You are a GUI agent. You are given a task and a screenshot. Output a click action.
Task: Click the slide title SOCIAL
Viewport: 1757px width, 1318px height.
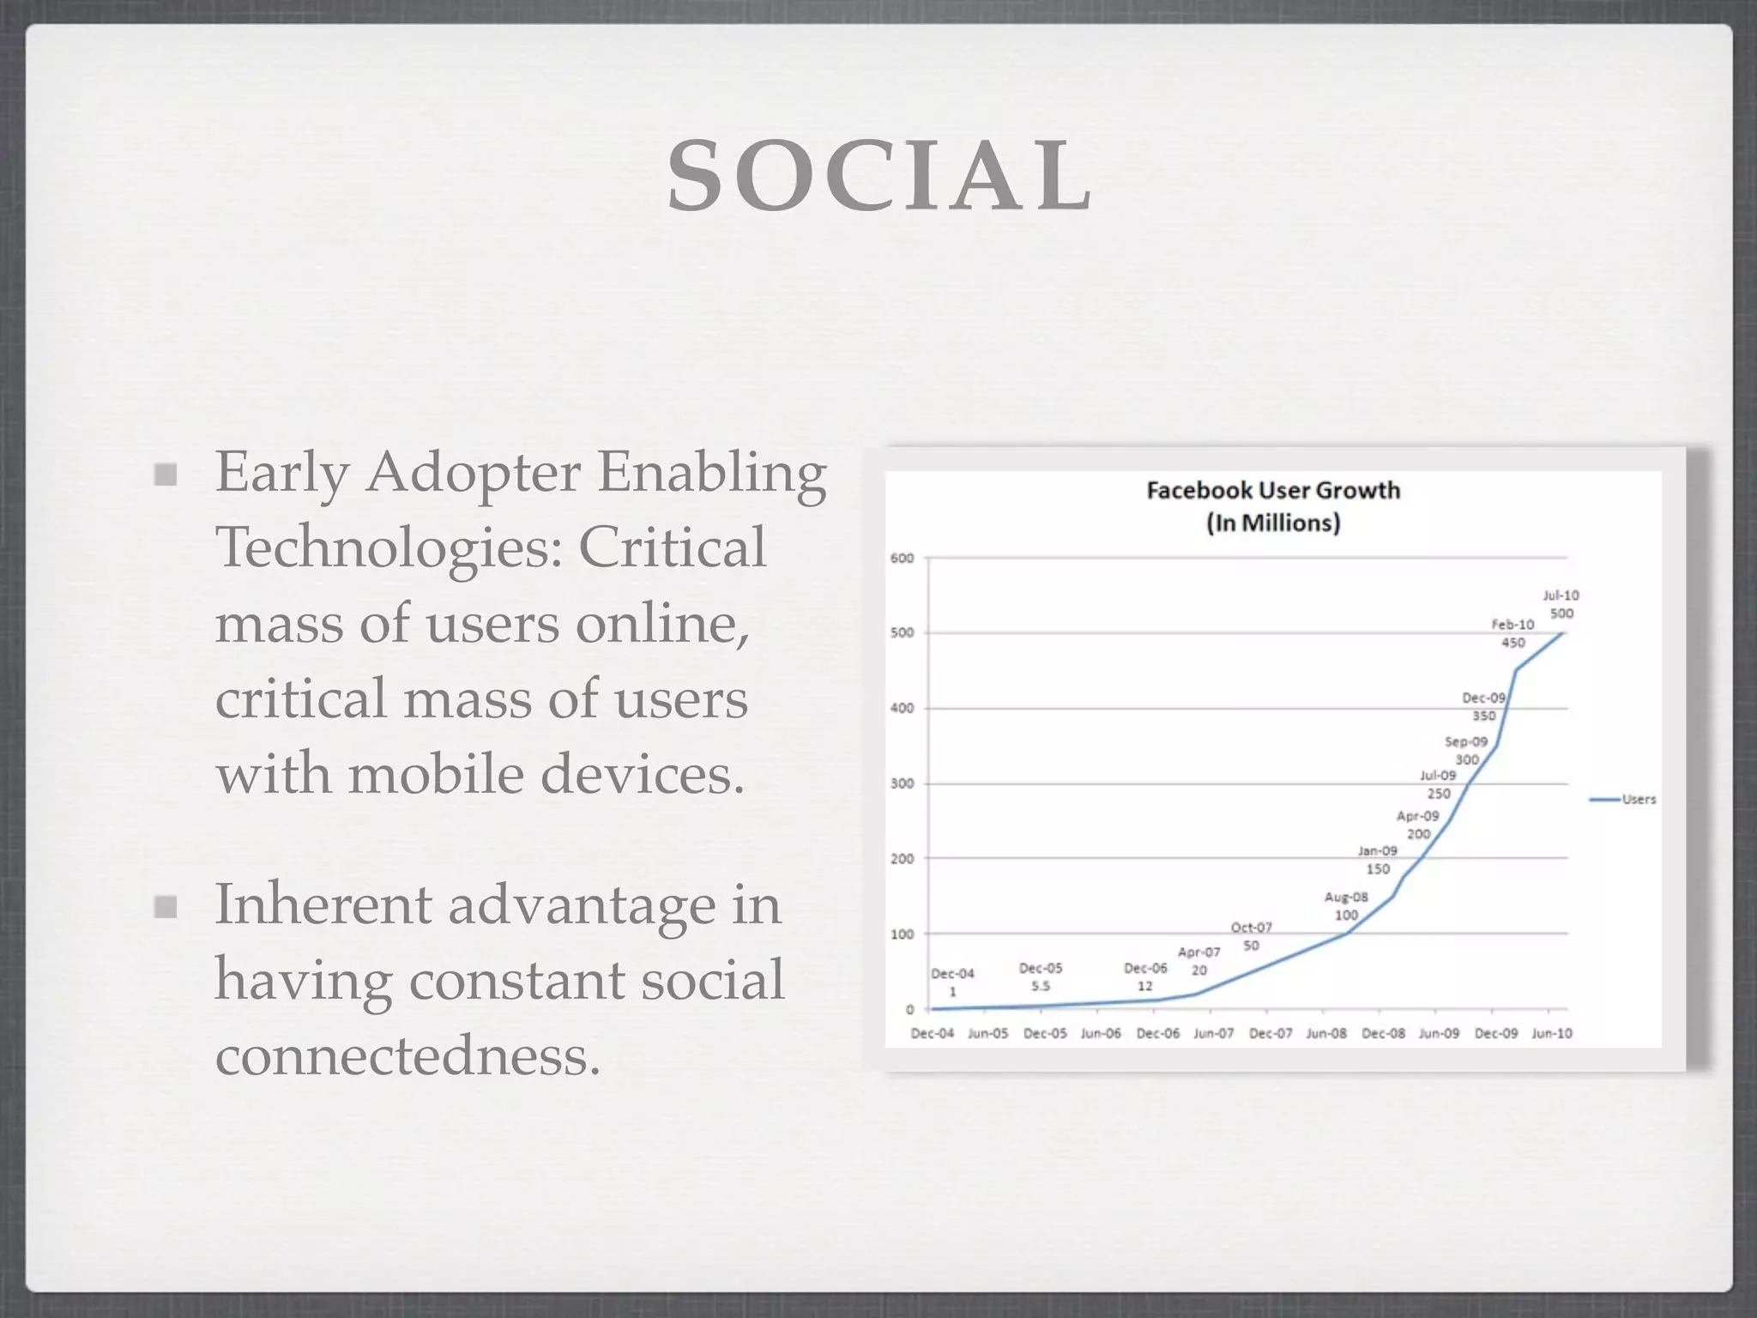click(x=879, y=176)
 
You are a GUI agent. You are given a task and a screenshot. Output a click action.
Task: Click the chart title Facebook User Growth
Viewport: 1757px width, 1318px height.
click(x=1273, y=490)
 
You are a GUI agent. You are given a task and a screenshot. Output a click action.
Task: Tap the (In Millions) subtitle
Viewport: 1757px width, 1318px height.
click(x=1273, y=523)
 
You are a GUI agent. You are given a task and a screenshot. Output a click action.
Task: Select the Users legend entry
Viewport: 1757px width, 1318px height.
click(x=1624, y=799)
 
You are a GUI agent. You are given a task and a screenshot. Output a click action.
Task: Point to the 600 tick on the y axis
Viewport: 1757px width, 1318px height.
click(x=902, y=559)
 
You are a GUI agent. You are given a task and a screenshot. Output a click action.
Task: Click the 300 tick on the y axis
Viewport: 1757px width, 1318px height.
click(x=902, y=783)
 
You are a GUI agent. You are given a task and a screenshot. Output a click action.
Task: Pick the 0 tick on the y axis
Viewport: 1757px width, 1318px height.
click(x=909, y=1009)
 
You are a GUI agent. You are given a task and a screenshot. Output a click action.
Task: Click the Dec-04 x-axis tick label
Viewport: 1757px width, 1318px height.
click(x=932, y=1033)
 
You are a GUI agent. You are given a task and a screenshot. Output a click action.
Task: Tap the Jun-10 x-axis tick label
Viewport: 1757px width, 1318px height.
click(x=1552, y=1033)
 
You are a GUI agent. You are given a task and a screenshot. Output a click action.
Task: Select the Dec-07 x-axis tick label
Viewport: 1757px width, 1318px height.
click(x=1270, y=1033)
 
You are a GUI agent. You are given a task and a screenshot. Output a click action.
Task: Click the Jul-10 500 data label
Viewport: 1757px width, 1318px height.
click(x=1561, y=604)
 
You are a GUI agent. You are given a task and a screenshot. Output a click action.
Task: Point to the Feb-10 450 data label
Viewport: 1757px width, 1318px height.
click(x=1512, y=633)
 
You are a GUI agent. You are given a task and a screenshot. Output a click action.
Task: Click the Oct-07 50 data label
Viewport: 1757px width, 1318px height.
click(x=1251, y=936)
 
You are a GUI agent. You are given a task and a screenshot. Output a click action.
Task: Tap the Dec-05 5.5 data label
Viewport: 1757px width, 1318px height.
click(x=1041, y=976)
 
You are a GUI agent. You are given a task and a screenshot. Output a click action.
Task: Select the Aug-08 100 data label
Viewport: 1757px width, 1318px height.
click(x=1346, y=906)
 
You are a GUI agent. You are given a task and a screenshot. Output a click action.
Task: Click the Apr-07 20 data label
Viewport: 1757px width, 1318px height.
click(x=1199, y=961)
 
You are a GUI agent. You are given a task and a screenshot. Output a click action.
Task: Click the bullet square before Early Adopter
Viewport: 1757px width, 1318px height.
click(x=166, y=474)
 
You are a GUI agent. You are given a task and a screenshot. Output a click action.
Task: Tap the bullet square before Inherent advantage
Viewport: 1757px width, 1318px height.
click(x=166, y=906)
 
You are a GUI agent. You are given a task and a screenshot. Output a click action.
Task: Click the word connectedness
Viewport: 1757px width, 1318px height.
click(x=408, y=1055)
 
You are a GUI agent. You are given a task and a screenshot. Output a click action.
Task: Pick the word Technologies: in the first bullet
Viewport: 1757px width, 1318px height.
click(x=389, y=547)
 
